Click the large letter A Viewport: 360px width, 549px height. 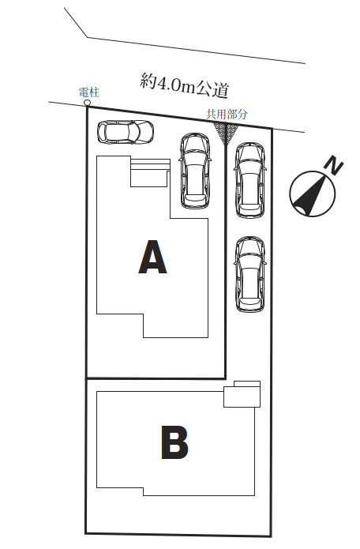point(152,257)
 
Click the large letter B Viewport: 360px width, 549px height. point(174,442)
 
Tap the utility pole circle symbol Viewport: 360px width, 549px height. point(87,103)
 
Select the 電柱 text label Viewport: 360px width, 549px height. point(89,92)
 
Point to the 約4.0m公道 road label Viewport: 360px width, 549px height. point(185,85)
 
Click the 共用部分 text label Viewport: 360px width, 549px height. point(227,114)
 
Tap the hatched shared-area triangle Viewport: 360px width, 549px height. point(226,131)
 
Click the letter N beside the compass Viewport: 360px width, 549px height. point(335,167)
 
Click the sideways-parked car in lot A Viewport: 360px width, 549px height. point(126,133)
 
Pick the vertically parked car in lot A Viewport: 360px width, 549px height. point(196,171)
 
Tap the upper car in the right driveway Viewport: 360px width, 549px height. point(250,180)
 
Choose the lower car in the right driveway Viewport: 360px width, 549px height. point(250,274)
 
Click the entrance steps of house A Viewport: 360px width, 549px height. point(151,173)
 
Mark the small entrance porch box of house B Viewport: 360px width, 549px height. point(242,394)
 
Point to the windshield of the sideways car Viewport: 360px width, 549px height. point(134,133)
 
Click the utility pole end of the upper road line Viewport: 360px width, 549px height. point(49,102)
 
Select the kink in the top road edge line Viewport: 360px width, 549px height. point(87,37)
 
